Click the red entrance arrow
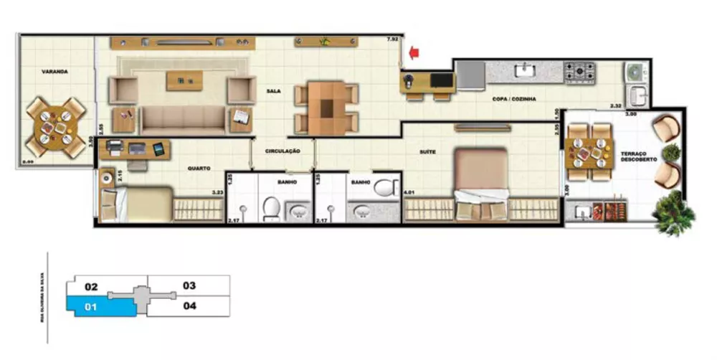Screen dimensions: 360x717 [414, 52]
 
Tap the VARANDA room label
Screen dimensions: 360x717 [54, 72]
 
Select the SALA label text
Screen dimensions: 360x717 [273, 92]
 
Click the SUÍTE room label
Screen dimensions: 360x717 [429, 152]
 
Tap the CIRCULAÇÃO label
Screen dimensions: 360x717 [282, 151]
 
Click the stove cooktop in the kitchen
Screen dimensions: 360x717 [579, 71]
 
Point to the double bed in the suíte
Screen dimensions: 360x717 [481, 184]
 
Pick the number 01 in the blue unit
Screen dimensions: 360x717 [91, 308]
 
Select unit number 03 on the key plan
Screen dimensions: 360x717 [189, 285]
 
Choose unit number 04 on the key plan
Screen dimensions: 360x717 [189, 305]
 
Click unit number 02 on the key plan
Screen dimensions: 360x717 [91, 287]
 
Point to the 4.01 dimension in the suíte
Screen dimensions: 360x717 [409, 192]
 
